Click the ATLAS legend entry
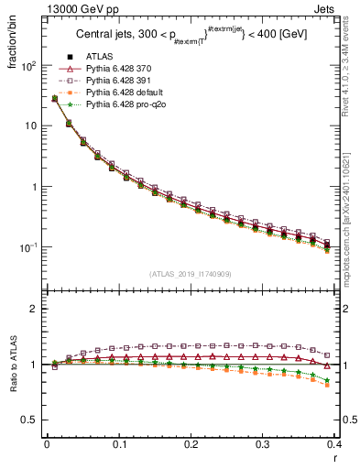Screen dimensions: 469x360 coord(98,69)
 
